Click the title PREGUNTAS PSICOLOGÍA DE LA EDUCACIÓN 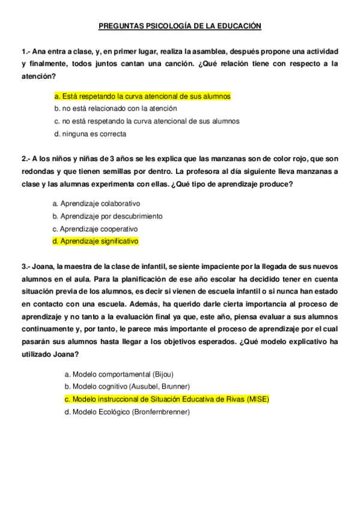coord(180,26)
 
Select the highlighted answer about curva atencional coord(142,96)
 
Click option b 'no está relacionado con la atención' coord(115,109)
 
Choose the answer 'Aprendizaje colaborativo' coord(96,204)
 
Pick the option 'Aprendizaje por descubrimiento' coord(107,216)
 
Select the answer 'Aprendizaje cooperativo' coord(95,229)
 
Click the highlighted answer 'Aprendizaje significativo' coord(96,241)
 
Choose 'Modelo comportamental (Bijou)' coord(114,374)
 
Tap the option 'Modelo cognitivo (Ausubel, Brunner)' coord(127,386)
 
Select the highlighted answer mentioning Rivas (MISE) coord(166,399)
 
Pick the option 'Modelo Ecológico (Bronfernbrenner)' coord(127,412)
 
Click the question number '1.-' coord(26,52)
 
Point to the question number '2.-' coord(26,159)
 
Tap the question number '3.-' coord(26,266)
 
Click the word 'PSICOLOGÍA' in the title coord(156,26)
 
